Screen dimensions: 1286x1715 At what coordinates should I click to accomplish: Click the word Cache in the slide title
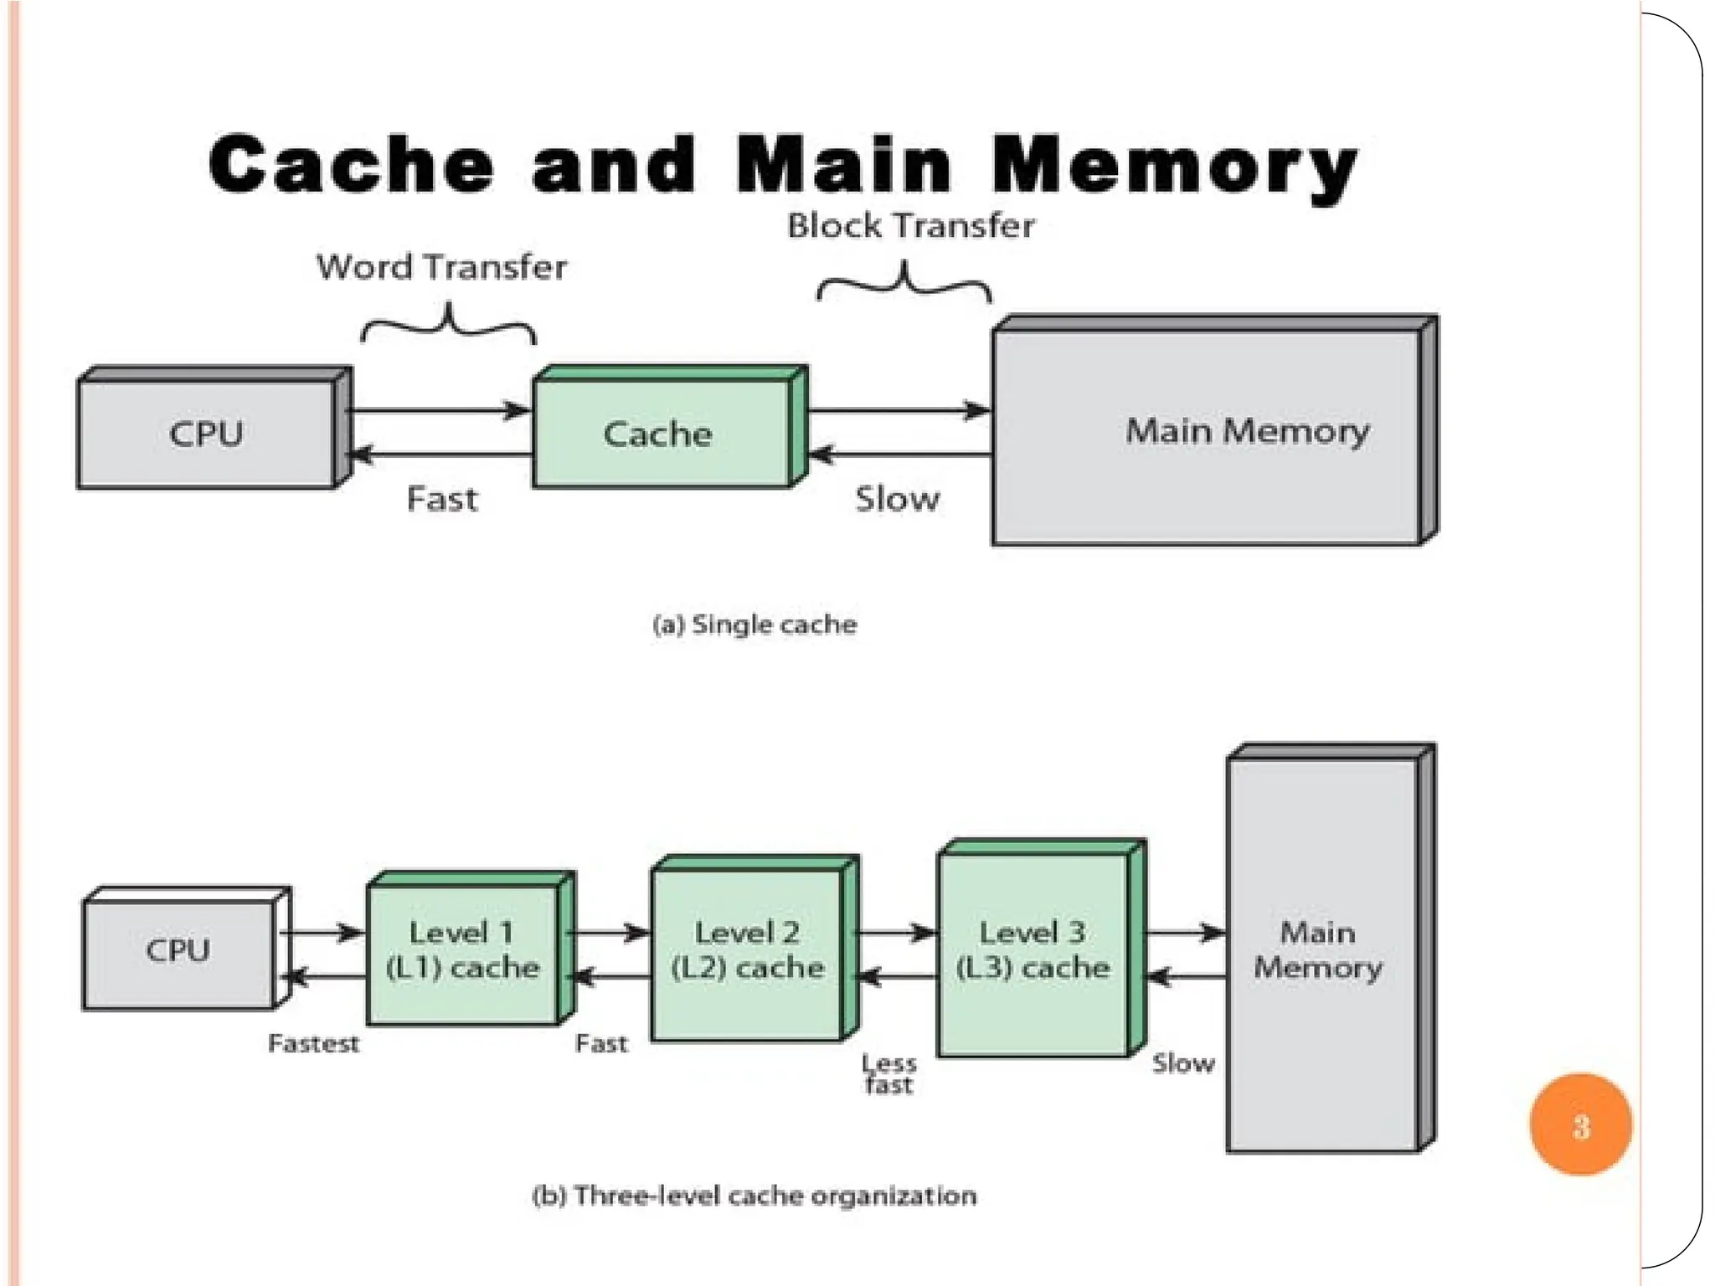352,164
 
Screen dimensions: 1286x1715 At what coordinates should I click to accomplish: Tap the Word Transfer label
441,267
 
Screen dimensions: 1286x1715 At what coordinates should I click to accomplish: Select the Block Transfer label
911,226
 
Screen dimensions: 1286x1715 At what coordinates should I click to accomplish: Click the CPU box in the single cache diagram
207,434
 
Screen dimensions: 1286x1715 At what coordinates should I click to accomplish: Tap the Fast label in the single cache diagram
442,499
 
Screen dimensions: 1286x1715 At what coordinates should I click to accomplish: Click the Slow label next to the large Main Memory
897,499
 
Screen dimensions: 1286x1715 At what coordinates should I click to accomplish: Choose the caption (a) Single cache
754,625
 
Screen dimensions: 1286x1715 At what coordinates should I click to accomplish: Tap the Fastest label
313,1043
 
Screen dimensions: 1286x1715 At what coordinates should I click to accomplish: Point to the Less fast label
889,1074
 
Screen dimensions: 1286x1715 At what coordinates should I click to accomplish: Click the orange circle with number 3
1580,1125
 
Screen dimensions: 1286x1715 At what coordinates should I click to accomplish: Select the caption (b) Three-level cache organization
754,1196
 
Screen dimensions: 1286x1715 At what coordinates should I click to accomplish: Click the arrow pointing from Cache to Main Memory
900,411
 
